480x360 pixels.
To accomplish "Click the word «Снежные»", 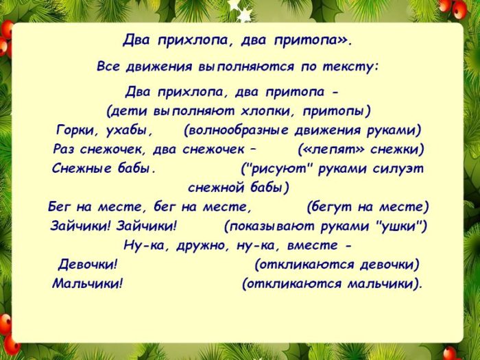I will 79,167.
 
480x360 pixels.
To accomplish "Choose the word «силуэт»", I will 398,167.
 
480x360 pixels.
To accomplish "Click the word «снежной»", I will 216,187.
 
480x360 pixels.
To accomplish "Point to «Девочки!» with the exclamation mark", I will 88,264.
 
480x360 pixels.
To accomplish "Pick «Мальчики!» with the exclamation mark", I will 87,283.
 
